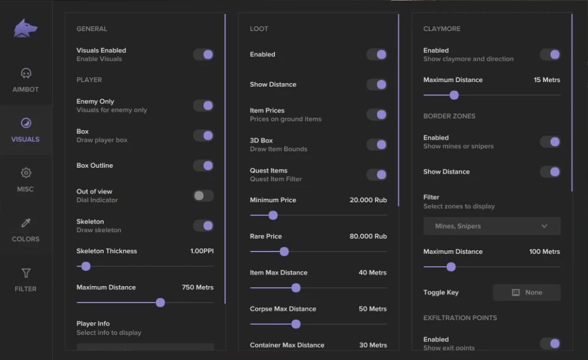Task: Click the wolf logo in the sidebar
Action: pyautogui.click(x=26, y=28)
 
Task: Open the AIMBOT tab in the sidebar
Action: pyautogui.click(x=26, y=80)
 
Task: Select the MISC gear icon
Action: pyautogui.click(x=26, y=173)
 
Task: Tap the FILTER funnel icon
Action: pyautogui.click(x=26, y=273)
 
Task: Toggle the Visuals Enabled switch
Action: pyautogui.click(x=203, y=55)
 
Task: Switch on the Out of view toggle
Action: pyautogui.click(x=203, y=196)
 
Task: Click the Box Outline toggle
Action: pyautogui.click(x=203, y=165)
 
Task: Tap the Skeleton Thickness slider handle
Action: pyautogui.click(x=86, y=266)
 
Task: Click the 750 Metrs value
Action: pyautogui.click(x=198, y=287)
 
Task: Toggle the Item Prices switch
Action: pyautogui.click(x=377, y=114)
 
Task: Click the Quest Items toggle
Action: pyautogui.click(x=377, y=175)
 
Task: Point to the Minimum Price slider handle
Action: pyautogui.click(x=273, y=215)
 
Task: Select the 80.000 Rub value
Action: pyautogui.click(x=369, y=236)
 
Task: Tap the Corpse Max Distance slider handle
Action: pyautogui.click(x=296, y=324)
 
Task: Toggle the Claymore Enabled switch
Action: pyautogui.click(x=550, y=55)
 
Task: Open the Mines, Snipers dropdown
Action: pyautogui.click(x=491, y=226)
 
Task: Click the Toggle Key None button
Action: pyautogui.click(x=526, y=293)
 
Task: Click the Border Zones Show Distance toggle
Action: pyautogui.click(x=550, y=172)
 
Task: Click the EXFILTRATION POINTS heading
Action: pyautogui.click(x=460, y=318)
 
